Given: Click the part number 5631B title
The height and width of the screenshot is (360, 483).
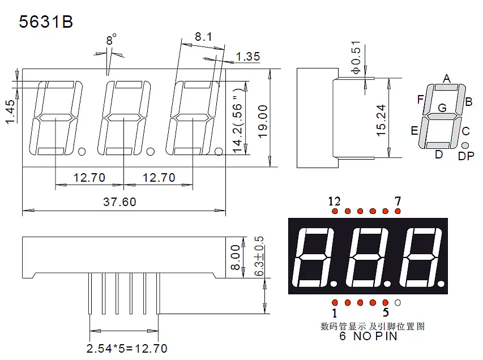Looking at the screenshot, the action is (x=46, y=22).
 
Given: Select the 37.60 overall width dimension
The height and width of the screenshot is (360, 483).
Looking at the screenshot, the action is (x=119, y=202).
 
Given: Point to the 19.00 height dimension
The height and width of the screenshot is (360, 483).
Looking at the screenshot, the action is (x=263, y=121).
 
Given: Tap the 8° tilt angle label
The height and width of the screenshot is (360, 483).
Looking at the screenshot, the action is (x=111, y=40).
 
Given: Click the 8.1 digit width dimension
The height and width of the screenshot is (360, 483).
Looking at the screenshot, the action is (x=203, y=37).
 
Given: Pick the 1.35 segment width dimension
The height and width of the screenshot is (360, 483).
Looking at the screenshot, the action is (x=248, y=57).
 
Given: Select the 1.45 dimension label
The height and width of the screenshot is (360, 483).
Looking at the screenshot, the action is (x=10, y=112).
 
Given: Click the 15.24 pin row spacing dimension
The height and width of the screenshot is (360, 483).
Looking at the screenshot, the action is (x=381, y=120).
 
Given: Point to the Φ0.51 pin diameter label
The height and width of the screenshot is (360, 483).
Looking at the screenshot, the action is (x=356, y=57).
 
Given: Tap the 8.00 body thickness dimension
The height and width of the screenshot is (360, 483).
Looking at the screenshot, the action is (x=236, y=258).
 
